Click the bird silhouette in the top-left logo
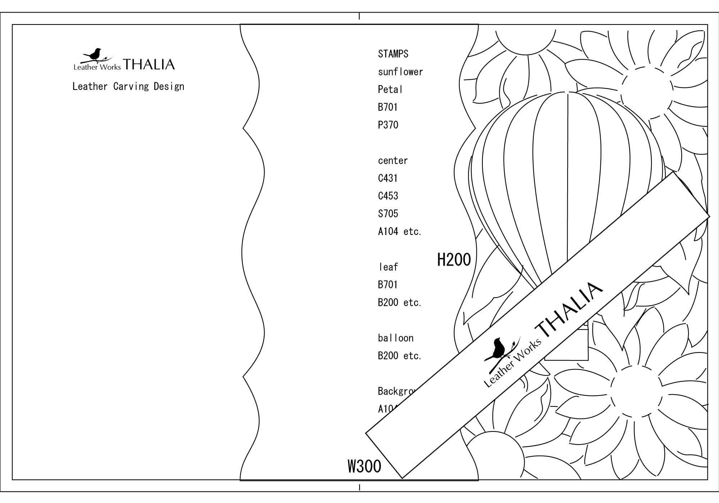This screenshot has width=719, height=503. [95, 54]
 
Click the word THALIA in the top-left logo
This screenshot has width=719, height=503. [149, 65]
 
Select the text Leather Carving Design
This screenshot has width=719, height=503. [128, 87]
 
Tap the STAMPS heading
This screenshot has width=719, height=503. [393, 54]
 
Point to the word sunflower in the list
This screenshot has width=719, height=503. [400, 72]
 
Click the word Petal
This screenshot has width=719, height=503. [390, 89]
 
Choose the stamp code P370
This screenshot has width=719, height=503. [388, 125]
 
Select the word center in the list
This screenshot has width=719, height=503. [393, 161]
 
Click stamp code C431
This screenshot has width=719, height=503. [388, 178]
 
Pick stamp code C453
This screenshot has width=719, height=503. [388, 196]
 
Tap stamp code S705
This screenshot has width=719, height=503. [388, 214]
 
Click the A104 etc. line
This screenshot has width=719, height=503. [399, 231]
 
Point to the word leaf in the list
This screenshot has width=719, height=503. [388, 267]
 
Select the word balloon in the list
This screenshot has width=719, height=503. [395, 338]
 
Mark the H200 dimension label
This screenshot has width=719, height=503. [454, 259]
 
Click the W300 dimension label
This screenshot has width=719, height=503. [364, 466]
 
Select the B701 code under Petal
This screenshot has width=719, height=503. [388, 107]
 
